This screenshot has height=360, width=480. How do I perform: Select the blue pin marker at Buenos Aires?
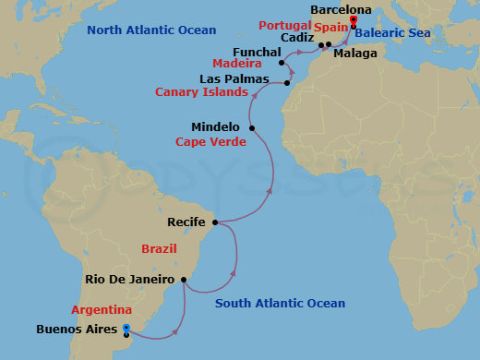click(x=126, y=328)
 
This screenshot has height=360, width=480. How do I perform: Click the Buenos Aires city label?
click(x=77, y=329)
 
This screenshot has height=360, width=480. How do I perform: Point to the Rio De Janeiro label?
click(x=129, y=280)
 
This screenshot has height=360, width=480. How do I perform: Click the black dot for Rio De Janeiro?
click(x=183, y=280)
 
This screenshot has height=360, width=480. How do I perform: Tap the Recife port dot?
click(x=215, y=222)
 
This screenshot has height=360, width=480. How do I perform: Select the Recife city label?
click(x=186, y=222)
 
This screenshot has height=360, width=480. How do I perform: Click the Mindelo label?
click(x=215, y=127)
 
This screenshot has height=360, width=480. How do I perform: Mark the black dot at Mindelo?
click(x=253, y=127)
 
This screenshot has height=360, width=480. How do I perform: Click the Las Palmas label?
click(x=234, y=79)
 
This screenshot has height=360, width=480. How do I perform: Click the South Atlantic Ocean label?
click(x=280, y=304)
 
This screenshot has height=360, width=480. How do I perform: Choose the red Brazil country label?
click(x=158, y=249)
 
